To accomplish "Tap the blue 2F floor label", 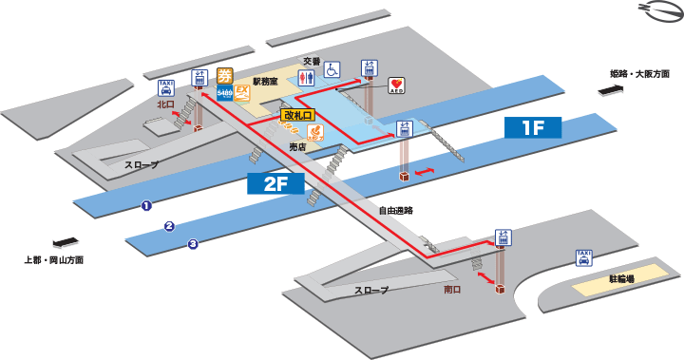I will click(x=276, y=184).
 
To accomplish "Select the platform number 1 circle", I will click(x=146, y=205).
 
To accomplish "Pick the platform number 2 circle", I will click(x=169, y=226).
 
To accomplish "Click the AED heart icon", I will click(x=397, y=85).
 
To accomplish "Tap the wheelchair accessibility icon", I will click(x=332, y=69).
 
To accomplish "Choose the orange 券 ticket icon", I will click(x=225, y=76).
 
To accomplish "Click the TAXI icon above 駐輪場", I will click(x=584, y=257).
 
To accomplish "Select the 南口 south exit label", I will click(x=453, y=290).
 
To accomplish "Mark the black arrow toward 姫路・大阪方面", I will click(x=609, y=90).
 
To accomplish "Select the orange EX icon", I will click(x=243, y=93).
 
